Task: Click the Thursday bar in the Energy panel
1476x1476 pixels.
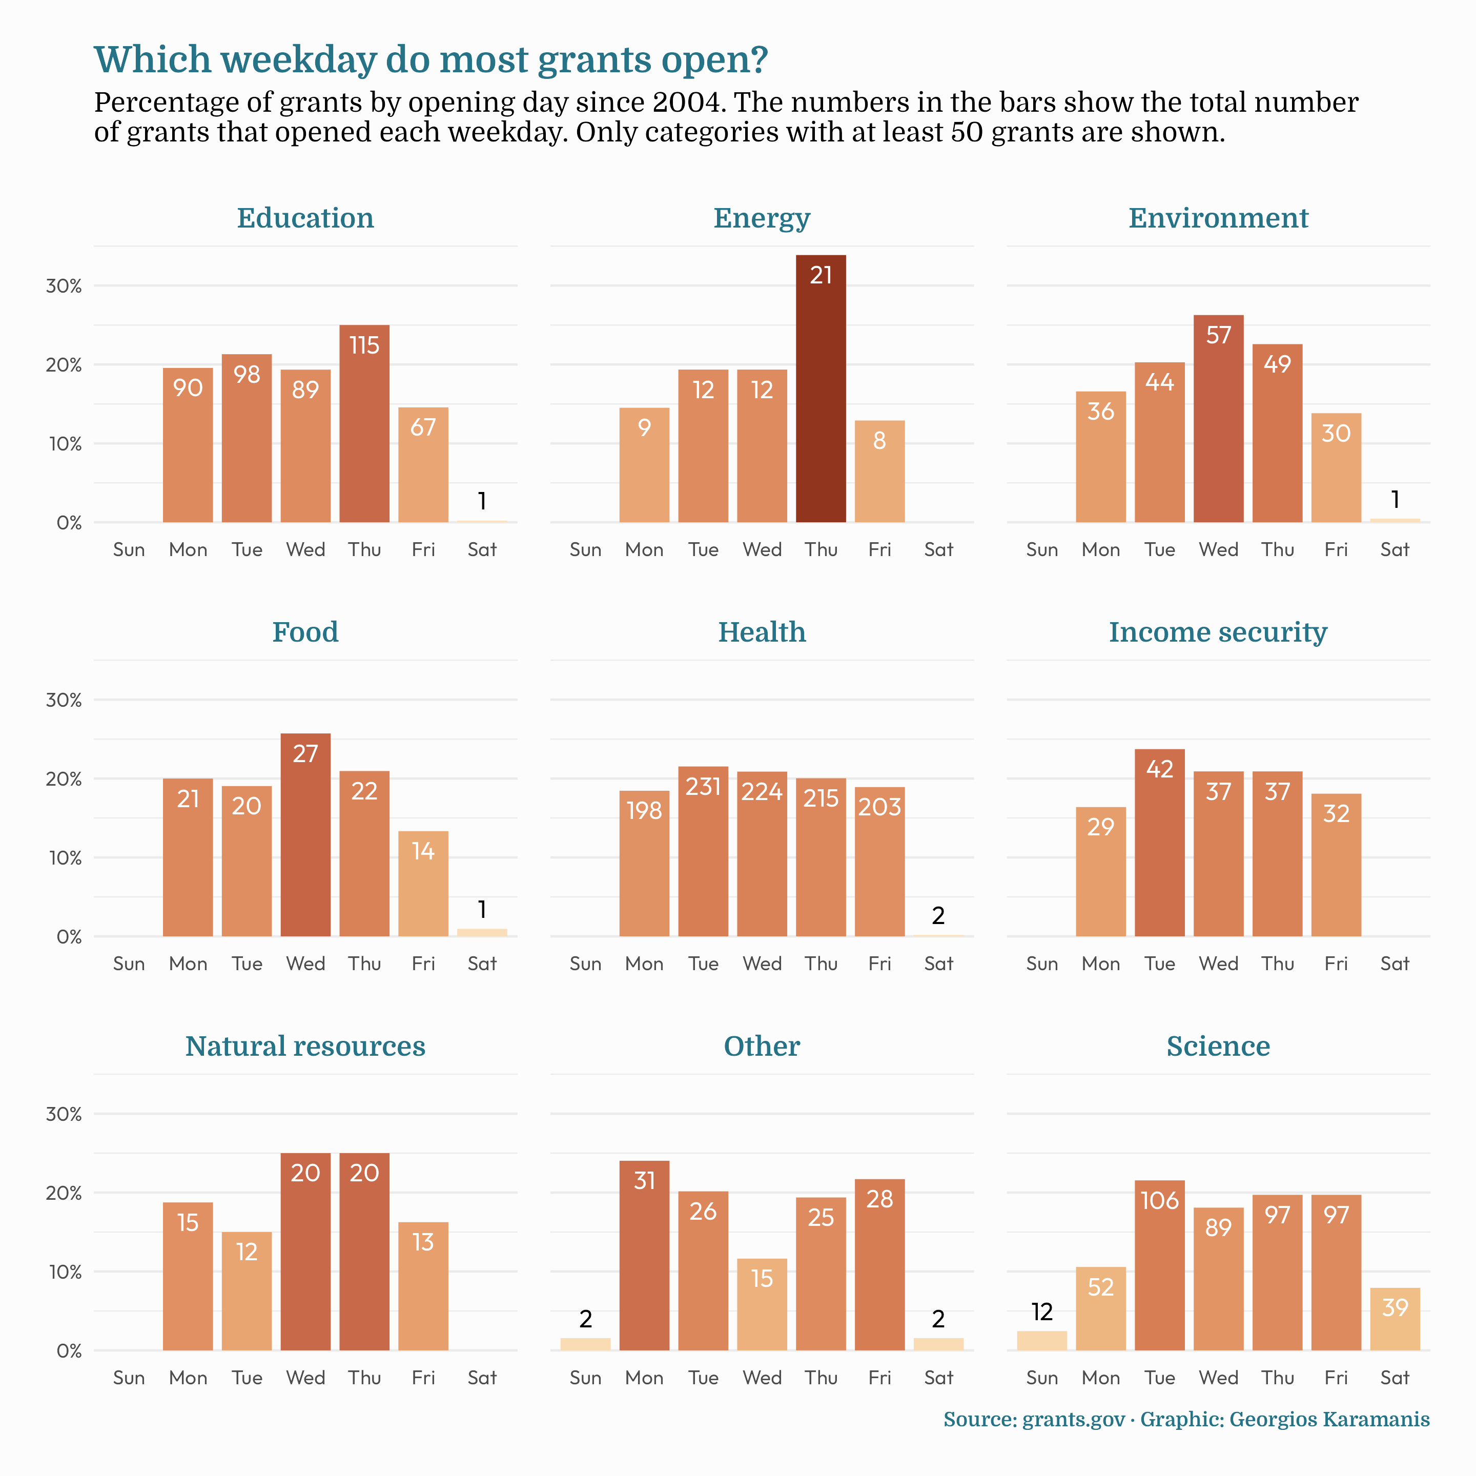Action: tap(821, 389)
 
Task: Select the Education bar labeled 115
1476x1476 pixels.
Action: tap(364, 424)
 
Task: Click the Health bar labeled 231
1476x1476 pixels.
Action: tap(703, 851)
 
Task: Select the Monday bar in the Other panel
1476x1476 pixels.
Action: tap(644, 1256)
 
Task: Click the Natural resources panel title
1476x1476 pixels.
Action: tap(305, 1046)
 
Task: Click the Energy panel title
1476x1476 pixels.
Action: tap(762, 218)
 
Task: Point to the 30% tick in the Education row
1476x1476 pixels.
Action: tap(64, 286)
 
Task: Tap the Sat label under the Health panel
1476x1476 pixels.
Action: tap(938, 963)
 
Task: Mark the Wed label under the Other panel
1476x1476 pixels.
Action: tap(762, 1378)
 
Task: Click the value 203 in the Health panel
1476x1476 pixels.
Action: tap(879, 807)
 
